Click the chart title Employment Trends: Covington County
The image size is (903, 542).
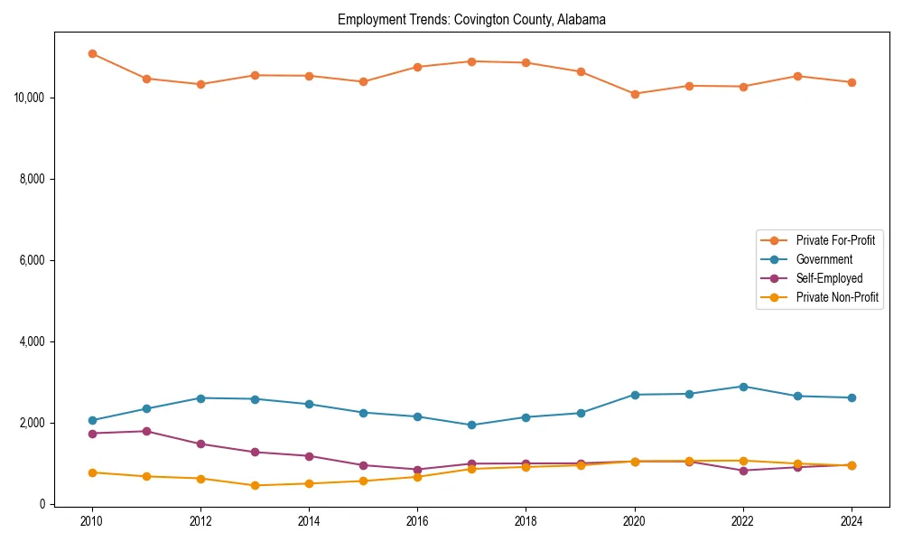point(471,19)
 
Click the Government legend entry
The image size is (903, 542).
point(824,259)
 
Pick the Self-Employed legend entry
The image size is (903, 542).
point(829,278)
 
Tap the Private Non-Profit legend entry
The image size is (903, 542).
point(837,297)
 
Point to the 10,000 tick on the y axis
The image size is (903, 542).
point(32,98)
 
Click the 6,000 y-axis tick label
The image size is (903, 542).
point(34,260)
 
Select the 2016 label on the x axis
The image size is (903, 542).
point(417,521)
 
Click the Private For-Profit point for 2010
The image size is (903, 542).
point(92,53)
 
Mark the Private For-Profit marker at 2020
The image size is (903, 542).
point(635,94)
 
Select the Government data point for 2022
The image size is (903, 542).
point(743,387)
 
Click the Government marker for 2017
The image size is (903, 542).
point(471,425)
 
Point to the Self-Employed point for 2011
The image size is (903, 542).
point(146,431)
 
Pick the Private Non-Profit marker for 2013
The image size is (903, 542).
point(255,485)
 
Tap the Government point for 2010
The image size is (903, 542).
point(92,420)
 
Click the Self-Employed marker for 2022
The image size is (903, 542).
point(743,471)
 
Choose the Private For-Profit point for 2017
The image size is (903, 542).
point(471,61)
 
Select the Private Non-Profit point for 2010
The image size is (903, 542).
point(92,472)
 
